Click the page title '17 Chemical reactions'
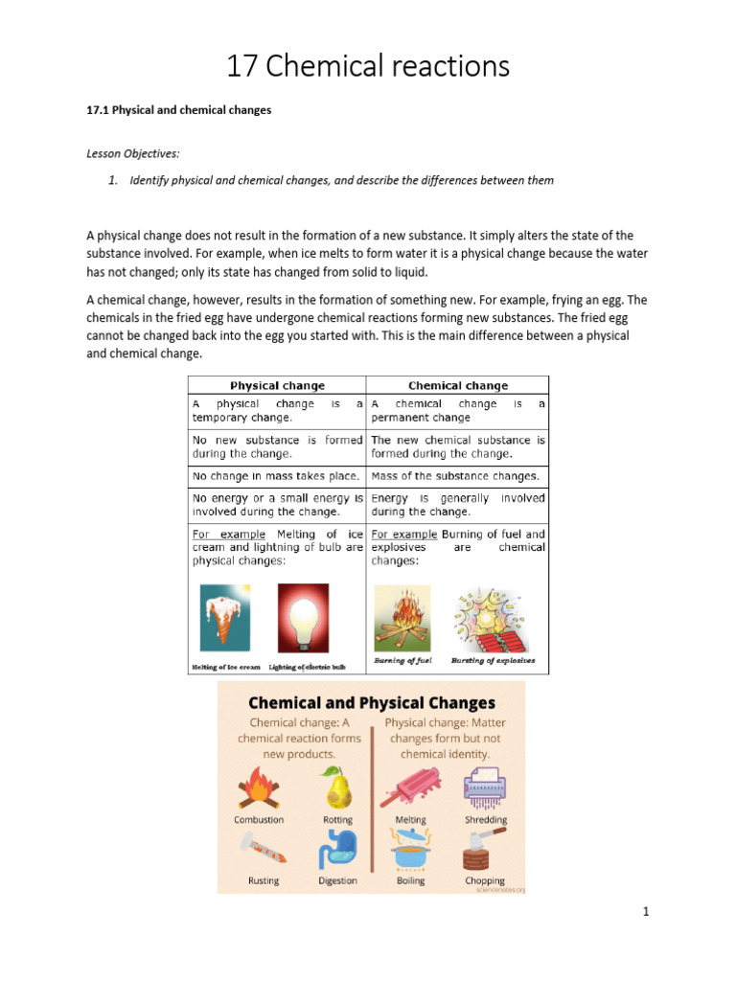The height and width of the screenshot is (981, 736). pos(368,66)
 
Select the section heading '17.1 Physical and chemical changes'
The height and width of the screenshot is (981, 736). pos(179,110)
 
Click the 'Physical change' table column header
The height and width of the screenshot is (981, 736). pos(277,386)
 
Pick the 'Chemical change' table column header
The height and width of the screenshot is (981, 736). pos(458,386)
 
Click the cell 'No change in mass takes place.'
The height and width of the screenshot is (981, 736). pos(276,476)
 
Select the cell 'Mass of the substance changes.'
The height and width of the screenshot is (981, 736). pos(455,476)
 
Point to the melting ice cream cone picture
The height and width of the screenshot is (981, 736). pos(225,618)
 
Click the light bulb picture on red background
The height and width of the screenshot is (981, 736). pos(303,618)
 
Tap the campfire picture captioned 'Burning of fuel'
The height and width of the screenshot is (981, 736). pos(402,620)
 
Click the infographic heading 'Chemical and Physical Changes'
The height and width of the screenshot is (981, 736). pos(372,703)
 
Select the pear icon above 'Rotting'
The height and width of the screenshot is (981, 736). pos(336,787)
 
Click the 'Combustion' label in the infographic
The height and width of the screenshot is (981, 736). pos(259,820)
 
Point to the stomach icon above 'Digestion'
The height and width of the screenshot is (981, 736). pos(337,849)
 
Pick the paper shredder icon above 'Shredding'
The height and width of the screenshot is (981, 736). pos(486,788)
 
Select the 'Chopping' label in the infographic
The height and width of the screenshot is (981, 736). pos(485,880)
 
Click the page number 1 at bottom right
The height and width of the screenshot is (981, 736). pos(646,912)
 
